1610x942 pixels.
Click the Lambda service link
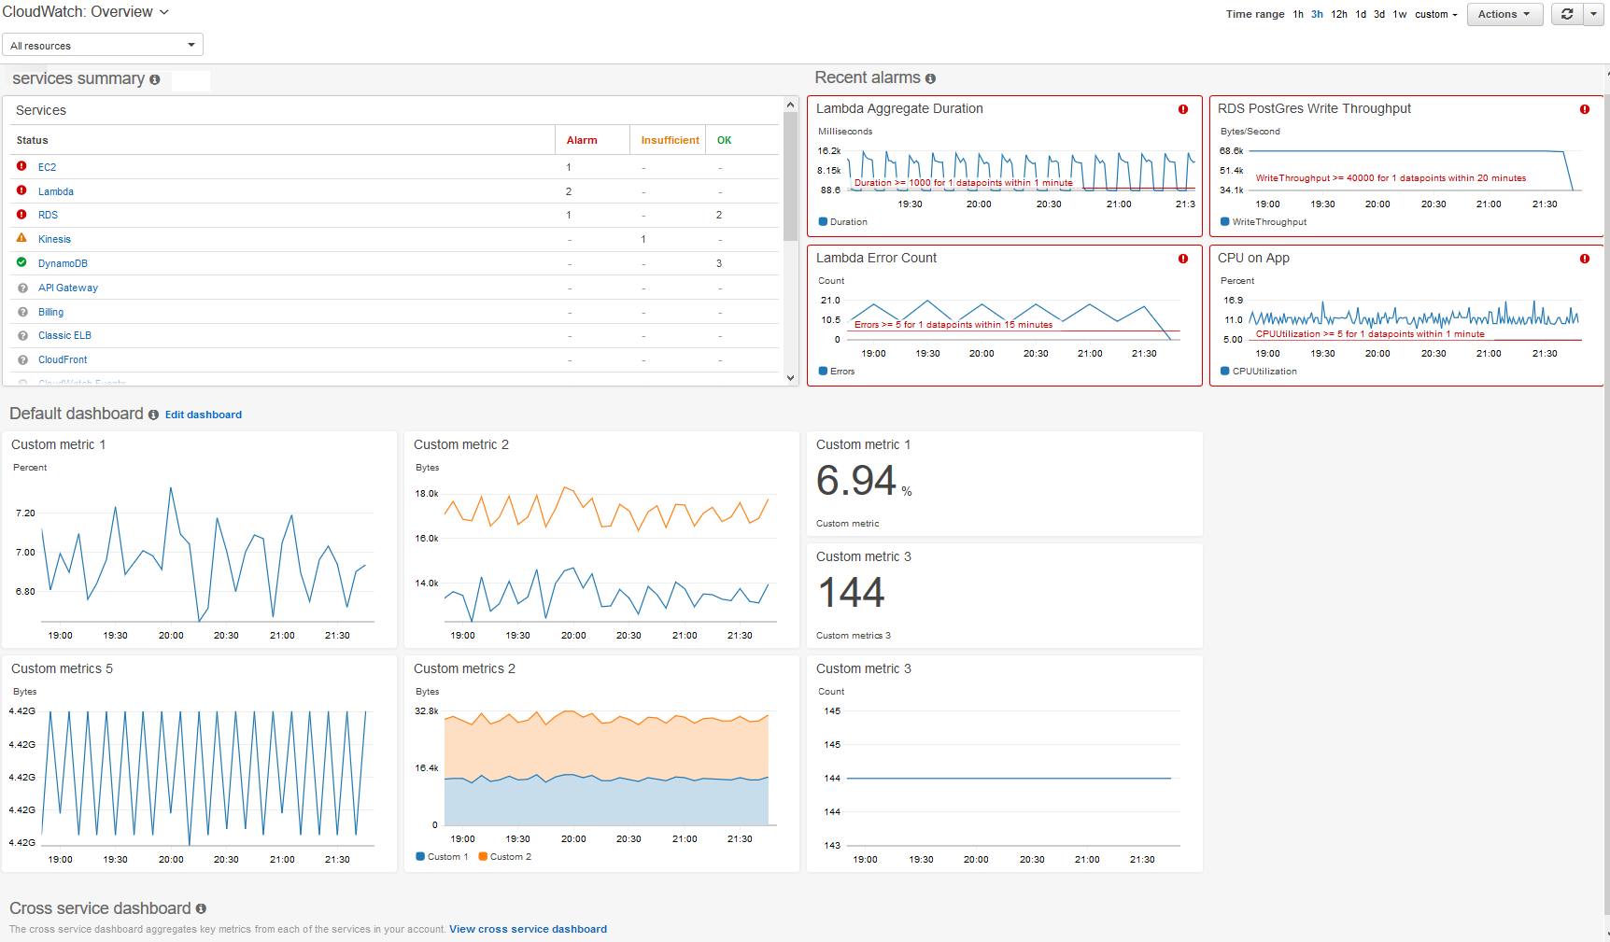click(55, 191)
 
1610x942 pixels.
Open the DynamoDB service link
click(63, 263)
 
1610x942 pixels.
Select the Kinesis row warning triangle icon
click(21, 238)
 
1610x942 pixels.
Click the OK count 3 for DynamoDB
click(718, 263)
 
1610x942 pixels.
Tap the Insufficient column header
click(670, 140)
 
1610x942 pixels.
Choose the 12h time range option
click(1338, 14)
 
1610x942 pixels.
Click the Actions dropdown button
click(1504, 14)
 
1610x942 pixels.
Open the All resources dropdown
click(103, 45)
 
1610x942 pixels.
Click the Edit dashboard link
click(203, 415)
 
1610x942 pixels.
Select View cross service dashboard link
click(528, 929)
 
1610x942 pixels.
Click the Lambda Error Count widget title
click(876, 258)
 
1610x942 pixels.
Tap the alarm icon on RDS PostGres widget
click(1584, 109)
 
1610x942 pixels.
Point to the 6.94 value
click(855, 481)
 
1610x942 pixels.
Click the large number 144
click(851, 593)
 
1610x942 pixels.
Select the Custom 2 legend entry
click(510, 856)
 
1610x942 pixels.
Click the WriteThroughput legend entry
click(1268, 221)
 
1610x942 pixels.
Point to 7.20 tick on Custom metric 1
click(25, 513)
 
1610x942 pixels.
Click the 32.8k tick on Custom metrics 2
click(426, 711)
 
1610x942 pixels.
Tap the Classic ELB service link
click(64, 335)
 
